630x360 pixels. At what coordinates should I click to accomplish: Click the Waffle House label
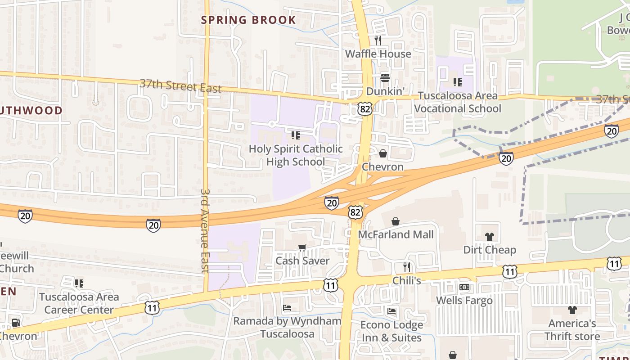pyautogui.click(x=378, y=54)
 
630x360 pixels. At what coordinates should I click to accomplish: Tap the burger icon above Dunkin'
pyautogui.click(x=385, y=77)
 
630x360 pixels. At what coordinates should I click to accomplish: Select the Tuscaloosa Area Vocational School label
pyautogui.click(x=458, y=102)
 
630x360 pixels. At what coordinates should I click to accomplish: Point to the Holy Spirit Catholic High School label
pyautogui.click(x=296, y=155)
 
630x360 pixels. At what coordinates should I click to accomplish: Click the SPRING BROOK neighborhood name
pyautogui.click(x=248, y=20)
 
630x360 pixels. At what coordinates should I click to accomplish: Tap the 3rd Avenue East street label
pyautogui.click(x=205, y=230)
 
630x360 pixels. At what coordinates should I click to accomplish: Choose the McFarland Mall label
pyautogui.click(x=396, y=234)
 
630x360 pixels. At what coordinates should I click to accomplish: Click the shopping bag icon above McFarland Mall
pyautogui.click(x=395, y=221)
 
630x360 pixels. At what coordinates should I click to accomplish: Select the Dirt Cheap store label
pyautogui.click(x=490, y=250)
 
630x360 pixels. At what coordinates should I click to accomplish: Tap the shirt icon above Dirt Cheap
pyautogui.click(x=490, y=237)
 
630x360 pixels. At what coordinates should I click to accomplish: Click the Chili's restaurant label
pyautogui.click(x=407, y=281)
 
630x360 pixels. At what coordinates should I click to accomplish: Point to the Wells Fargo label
pyautogui.click(x=464, y=301)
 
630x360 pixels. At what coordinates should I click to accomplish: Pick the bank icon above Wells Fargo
pyautogui.click(x=464, y=287)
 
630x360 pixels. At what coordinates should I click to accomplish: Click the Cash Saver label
pyautogui.click(x=302, y=261)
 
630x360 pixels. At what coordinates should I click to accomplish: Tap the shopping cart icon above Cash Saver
pyautogui.click(x=302, y=247)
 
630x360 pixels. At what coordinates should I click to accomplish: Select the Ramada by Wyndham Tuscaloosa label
pyautogui.click(x=287, y=327)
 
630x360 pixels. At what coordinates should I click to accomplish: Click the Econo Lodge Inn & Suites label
pyautogui.click(x=392, y=331)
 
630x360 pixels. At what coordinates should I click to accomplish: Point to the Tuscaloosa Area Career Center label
pyautogui.click(x=79, y=303)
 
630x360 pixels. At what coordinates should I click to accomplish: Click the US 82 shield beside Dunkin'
pyautogui.click(x=365, y=108)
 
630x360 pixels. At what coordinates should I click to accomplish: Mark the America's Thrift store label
pyautogui.click(x=572, y=330)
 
